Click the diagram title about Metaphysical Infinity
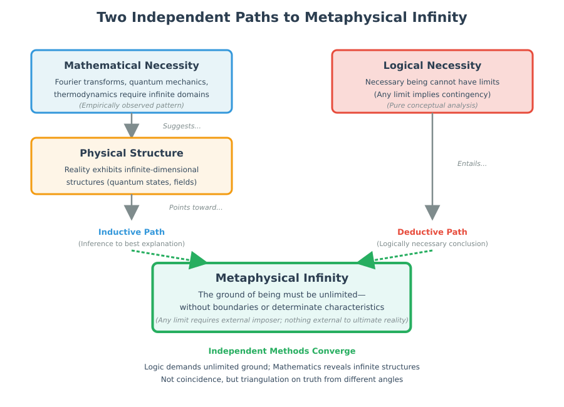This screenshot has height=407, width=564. (282, 17)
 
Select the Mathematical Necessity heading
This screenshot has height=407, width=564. (132, 65)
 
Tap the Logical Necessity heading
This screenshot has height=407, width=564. (432, 65)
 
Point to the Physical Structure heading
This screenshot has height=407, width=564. (132, 153)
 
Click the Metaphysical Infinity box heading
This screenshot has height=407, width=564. (282, 278)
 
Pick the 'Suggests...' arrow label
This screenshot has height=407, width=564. (182, 126)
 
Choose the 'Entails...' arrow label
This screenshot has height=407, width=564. (472, 163)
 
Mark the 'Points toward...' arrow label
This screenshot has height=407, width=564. (196, 207)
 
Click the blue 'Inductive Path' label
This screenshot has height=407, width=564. (132, 232)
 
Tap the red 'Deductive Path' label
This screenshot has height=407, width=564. (432, 232)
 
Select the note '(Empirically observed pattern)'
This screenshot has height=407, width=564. (132, 105)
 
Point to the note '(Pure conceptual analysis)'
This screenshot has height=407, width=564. (432, 105)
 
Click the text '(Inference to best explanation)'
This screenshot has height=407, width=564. (132, 244)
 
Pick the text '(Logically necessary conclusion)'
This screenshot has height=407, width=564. (432, 244)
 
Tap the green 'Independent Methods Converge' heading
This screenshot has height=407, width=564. (282, 351)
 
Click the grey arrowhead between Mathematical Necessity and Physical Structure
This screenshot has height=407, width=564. (132, 130)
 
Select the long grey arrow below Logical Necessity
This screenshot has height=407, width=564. (432, 163)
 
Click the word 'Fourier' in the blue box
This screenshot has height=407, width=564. (68, 82)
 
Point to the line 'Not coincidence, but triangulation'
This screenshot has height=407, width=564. (282, 379)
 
